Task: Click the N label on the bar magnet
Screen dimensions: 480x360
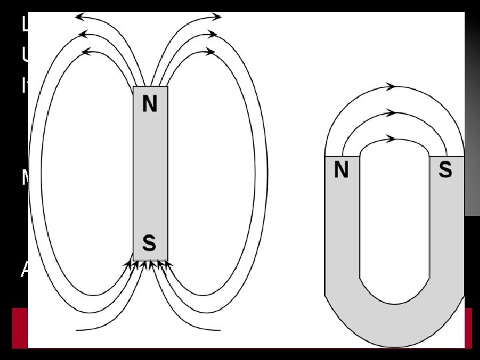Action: click(150, 105)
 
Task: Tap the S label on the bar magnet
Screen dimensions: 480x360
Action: click(150, 243)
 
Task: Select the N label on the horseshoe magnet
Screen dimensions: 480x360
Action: click(341, 171)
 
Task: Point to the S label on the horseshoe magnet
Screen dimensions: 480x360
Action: click(445, 171)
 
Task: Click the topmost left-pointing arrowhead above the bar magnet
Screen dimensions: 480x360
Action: click(81, 16)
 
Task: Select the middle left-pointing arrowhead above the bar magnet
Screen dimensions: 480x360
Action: click(83, 34)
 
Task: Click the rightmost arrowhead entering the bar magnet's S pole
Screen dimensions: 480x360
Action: click(171, 265)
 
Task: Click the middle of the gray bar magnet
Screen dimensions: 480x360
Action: click(150, 173)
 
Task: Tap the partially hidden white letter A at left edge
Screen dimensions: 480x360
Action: click(25, 269)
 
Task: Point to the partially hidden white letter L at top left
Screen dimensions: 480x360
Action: click(25, 25)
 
